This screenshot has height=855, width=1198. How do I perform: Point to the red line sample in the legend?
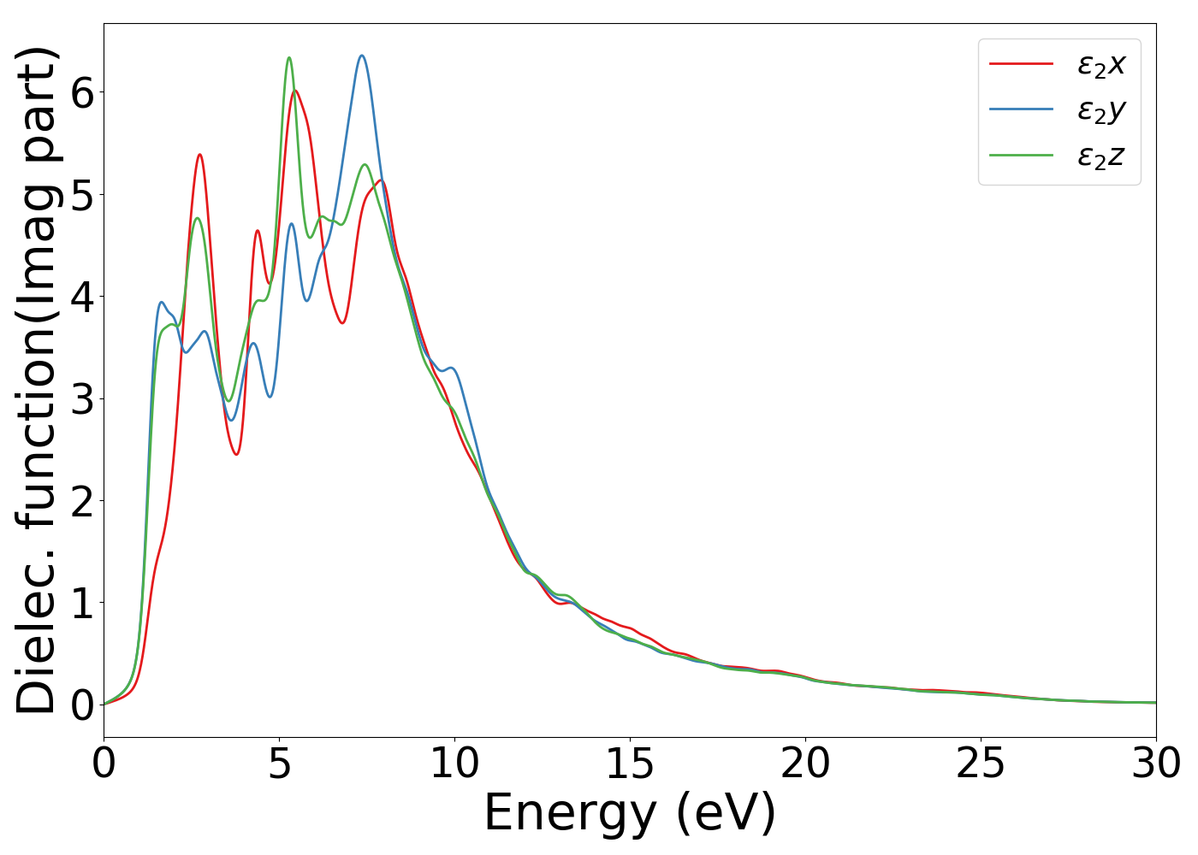coord(1021,63)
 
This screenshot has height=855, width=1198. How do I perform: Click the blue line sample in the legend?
coord(1021,109)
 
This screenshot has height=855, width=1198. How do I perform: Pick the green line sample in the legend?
coord(1021,155)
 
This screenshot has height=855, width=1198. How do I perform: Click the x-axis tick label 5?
coord(280,764)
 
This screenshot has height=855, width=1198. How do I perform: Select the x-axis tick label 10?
coord(454,764)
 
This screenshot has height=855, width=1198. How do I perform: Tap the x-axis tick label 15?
coord(630,764)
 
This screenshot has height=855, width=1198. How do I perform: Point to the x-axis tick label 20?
coord(805,764)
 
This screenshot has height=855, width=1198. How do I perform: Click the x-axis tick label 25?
coord(981,764)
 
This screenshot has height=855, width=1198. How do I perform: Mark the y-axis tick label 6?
coord(81,92)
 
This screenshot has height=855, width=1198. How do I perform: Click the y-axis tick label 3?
coord(81,399)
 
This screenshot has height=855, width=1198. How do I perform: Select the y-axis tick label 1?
coord(81,603)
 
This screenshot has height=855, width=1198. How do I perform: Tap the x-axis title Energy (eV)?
coord(630,812)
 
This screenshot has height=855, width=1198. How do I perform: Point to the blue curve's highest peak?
coord(362,56)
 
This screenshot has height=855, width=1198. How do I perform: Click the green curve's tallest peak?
coord(288,57)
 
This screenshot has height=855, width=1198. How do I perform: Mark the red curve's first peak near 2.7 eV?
coord(199,155)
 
